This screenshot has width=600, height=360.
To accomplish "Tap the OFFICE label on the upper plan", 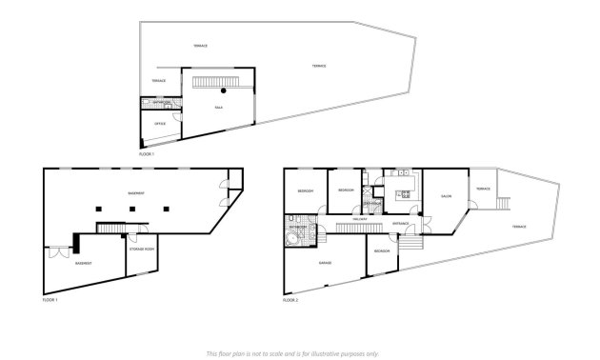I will pos(160,124).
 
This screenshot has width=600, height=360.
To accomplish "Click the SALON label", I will pos(446,196).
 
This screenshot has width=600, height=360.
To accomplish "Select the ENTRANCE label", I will pos(401,223).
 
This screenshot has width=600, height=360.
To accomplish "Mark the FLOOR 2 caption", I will pos(290,300).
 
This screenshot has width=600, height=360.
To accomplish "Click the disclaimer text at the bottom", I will pos(299,351).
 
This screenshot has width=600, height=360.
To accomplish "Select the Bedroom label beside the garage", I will pos(382,250).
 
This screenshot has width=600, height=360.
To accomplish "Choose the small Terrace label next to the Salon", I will pos(483,189).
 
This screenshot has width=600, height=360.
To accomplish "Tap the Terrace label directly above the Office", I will pos(158,81).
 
